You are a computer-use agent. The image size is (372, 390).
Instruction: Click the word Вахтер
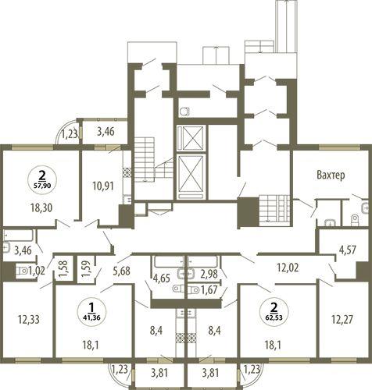(331, 175)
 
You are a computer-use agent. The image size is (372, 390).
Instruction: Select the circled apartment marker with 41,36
(91, 310)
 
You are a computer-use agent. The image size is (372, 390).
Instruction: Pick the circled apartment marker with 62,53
(274, 310)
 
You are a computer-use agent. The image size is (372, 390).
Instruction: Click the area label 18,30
(41, 208)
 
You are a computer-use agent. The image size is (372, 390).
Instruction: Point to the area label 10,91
(103, 186)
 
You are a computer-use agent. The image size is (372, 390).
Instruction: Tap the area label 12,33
(29, 320)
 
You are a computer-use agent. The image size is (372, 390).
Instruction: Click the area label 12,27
(342, 320)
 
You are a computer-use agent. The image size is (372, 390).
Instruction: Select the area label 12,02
(288, 268)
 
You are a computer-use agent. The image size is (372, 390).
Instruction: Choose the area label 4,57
(345, 250)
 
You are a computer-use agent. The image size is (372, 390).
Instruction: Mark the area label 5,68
(122, 271)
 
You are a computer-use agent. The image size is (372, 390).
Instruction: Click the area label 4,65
(162, 278)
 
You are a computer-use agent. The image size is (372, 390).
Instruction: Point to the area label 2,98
(209, 274)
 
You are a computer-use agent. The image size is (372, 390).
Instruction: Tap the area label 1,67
(209, 289)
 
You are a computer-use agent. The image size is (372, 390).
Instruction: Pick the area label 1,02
(37, 271)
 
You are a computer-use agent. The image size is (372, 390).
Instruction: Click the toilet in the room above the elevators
(184, 112)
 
